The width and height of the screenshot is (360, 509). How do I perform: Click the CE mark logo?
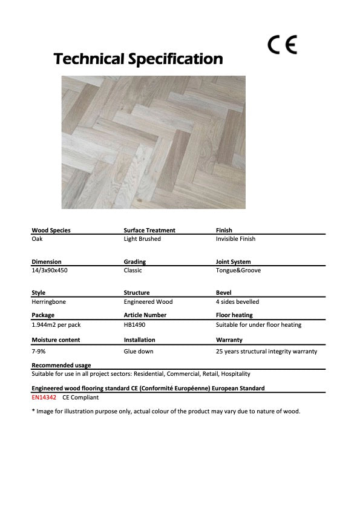pos(283,45)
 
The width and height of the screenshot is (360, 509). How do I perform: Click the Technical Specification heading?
pos(138,59)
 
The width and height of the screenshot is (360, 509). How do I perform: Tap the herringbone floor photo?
pos(153,142)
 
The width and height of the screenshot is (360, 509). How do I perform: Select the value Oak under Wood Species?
pos(37,239)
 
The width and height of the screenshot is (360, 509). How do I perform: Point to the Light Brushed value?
pos(142,239)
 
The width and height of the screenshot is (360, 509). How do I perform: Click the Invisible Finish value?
pos(235,239)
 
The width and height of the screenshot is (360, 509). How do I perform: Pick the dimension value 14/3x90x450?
pos(49,271)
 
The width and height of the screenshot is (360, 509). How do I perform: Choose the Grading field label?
pos(134,262)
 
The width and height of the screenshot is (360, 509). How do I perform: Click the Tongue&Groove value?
pos(238,271)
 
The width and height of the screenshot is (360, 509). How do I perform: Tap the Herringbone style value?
pos(47,301)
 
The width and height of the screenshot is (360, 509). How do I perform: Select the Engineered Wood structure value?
pos(148,301)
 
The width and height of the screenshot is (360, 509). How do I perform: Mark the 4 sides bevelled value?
pos(237,301)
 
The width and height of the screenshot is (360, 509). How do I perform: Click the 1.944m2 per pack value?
pos(56,325)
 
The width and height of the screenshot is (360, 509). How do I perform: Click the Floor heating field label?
pos(234,315)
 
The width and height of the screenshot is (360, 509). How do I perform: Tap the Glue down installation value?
pos(139,351)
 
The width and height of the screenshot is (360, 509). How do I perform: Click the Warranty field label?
pos(229,340)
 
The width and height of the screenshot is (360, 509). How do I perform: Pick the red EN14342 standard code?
pos(44,398)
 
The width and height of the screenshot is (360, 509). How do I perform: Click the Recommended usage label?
pos(61,366)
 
